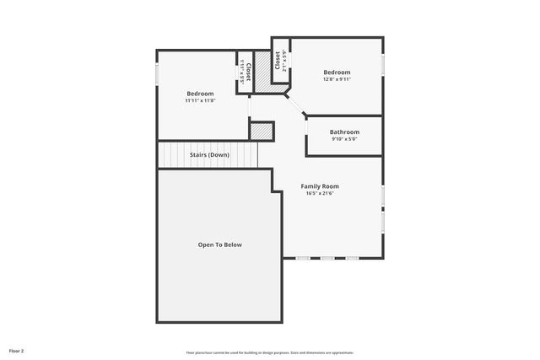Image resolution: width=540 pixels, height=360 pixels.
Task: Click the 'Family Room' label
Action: click(x=320, y=185)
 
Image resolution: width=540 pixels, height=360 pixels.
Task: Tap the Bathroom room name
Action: click(x=344, y=132)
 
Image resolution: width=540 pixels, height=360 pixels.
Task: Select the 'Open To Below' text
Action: click(x=219, y=244)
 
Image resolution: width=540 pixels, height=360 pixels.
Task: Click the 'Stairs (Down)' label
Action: click(x=208, y=155)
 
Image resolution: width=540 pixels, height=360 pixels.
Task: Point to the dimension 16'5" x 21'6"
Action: click(x=320, y=193)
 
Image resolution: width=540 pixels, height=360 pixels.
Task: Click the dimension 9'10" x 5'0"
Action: click(x=344, y=139)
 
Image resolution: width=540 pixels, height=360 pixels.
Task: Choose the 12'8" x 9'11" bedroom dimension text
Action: click(x=337, y=80)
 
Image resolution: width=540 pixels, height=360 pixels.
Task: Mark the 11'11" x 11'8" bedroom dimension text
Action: click(x=200, y=100)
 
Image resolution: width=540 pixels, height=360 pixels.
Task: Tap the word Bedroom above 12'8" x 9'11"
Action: click(x=337, y=73)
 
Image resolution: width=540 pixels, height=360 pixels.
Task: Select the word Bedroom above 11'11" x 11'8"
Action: click(x=200, y=93)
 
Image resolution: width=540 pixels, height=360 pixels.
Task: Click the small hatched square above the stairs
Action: click(x=262, y=132)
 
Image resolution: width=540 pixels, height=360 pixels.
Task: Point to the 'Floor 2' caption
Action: click(x=16, y=350)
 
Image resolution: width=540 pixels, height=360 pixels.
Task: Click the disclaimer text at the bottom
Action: click(x=269, y=352)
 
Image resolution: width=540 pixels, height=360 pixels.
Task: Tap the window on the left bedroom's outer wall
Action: click(x=157, y=74)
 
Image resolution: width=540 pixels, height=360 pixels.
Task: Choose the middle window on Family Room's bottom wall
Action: click(x=327, y=258)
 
